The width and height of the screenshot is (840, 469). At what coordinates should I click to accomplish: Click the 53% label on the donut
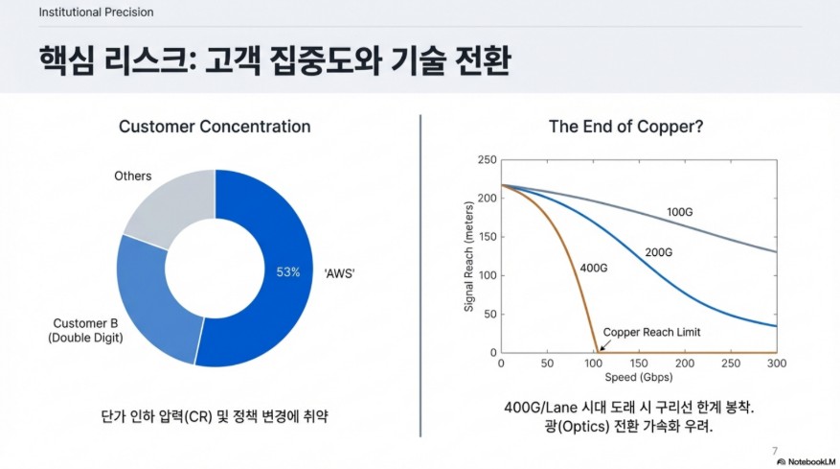pos(287,272)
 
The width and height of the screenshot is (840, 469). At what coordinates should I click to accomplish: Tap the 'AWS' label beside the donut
pos(339,273)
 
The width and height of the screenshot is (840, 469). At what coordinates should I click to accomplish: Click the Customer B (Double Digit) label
pos(85,330)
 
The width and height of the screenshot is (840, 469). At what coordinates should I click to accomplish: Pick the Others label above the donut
pos(133,176)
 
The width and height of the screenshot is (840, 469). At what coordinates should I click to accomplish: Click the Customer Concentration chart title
pos(215,127)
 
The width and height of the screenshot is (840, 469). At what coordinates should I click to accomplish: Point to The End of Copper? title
pos(625,127)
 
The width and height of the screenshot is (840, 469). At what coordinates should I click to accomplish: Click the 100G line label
pos(679,212)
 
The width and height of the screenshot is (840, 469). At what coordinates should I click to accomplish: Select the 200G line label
pos(658,252)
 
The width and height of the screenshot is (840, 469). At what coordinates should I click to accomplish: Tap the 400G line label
pos(594,268)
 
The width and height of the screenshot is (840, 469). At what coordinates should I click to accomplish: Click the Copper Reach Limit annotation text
pos(651,332)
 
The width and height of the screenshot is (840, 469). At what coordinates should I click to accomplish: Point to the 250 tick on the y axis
pos(487,160)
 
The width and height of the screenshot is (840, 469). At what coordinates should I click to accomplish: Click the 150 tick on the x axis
pos(639,363)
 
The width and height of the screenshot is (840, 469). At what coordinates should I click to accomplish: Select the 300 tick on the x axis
pos(776,363)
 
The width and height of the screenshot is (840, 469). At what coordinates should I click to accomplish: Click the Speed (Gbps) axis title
pos(639,377)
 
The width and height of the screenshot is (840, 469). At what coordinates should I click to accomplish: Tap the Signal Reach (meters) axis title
pos(468,256)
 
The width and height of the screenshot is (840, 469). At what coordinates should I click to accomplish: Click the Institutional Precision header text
pos(96,12)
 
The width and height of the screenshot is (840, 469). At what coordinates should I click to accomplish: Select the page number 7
pos(775,451)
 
